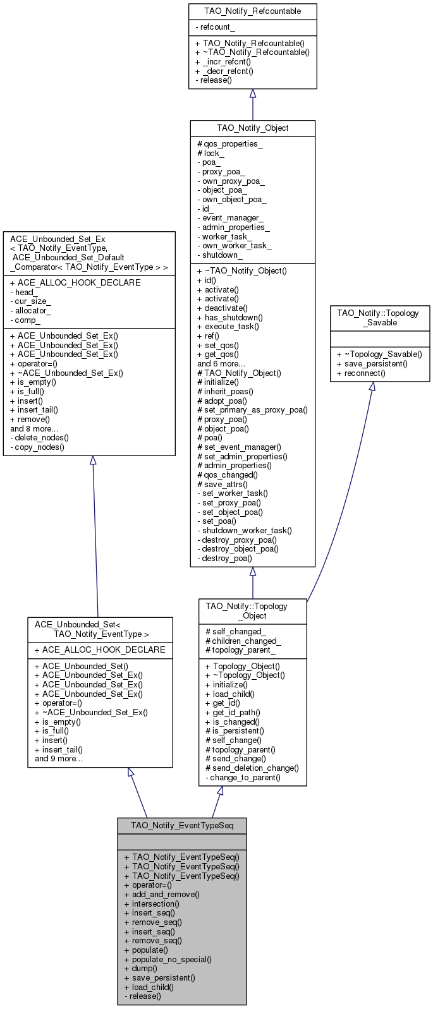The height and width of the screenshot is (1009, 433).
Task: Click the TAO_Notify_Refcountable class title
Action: pos(252,11)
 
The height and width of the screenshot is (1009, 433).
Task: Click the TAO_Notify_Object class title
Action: pos(252,128)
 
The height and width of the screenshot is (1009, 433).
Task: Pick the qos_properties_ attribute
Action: pos(229,143)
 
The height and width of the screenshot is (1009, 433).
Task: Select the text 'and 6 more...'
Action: pos(221,363)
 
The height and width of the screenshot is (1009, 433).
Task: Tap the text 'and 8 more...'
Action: pos(34,428)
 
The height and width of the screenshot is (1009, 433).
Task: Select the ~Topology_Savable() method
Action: pos(379,354)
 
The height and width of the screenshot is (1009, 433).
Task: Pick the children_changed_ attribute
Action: pos(243,641)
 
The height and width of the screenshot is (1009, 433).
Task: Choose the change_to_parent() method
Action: pos(243,777)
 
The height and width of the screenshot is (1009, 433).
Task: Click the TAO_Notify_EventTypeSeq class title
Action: pos(181,826)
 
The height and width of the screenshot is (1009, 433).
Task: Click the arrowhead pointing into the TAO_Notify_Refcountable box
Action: pos(253,94)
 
